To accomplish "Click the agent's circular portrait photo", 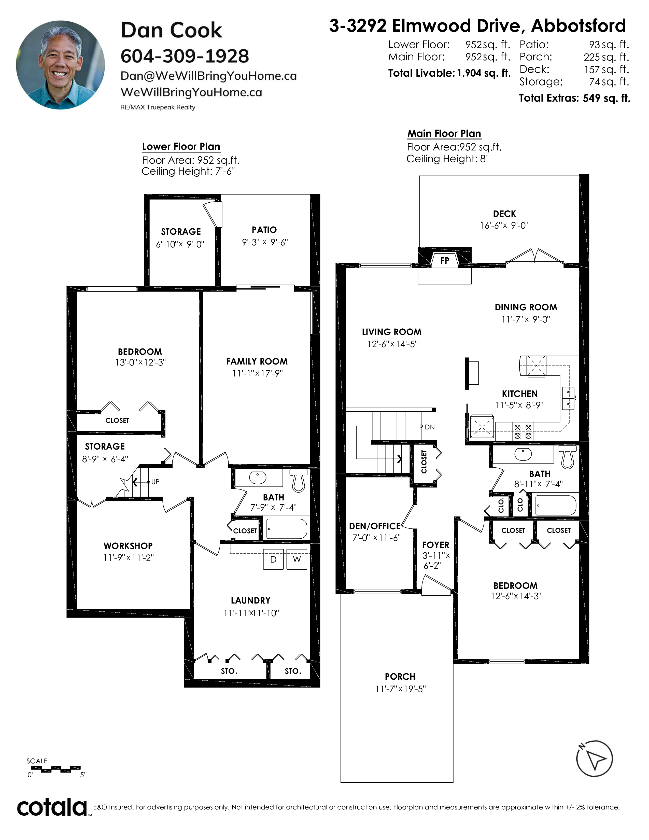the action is (x=60, y=65).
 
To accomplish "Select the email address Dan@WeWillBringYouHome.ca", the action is (x=208, y=76).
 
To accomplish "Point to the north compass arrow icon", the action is (x=594, y=758).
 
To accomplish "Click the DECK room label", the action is (x=504, y=214).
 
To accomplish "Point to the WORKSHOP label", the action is (x=128, y=546).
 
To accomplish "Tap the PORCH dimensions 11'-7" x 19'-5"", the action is (x=401, y=689).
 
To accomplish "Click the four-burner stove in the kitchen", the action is (x=523, y=431).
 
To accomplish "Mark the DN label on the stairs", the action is (x=429, y=427).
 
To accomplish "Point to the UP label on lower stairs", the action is (x=155, y=482).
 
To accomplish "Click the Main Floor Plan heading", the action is (x=444, y=133).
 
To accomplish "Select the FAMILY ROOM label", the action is (x=257, y=361).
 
